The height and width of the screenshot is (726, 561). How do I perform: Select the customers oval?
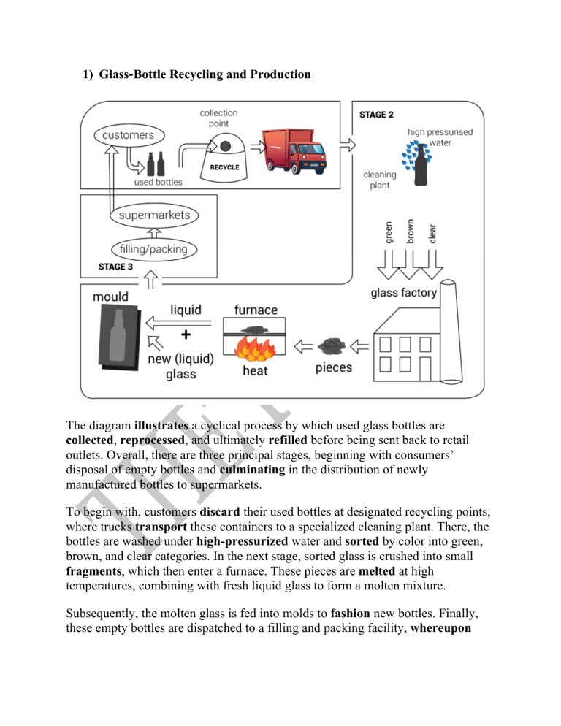tap(128, 135)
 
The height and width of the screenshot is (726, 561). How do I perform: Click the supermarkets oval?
tap(154, 215)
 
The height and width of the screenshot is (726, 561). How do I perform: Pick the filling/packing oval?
tap(153, 248)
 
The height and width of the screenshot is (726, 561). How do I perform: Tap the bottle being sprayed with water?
tap(420, 169)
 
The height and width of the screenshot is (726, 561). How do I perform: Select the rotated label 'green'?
tap(389, 232)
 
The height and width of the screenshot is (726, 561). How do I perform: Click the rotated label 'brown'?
tap(411, 232)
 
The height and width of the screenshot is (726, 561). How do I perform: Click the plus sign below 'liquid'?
tap(186, 335)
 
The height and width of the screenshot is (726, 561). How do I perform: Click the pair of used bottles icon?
tap(156, 166)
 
